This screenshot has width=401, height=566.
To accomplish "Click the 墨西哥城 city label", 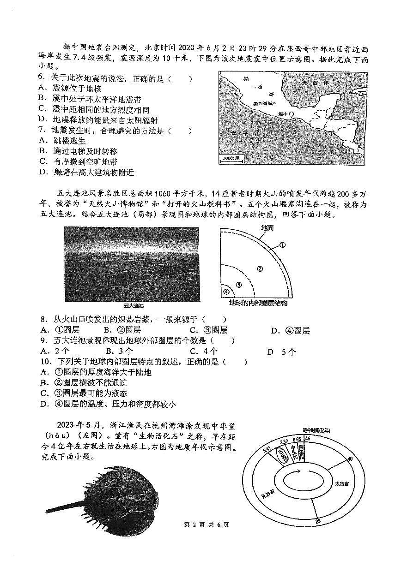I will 264,104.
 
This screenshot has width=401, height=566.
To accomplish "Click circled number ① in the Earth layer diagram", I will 282,245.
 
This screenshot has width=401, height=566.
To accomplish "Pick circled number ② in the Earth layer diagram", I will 260,268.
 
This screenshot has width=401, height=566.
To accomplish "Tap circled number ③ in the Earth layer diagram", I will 238,285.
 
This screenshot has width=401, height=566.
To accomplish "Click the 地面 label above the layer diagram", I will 267,228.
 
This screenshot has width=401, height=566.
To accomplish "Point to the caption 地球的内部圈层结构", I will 258,303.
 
